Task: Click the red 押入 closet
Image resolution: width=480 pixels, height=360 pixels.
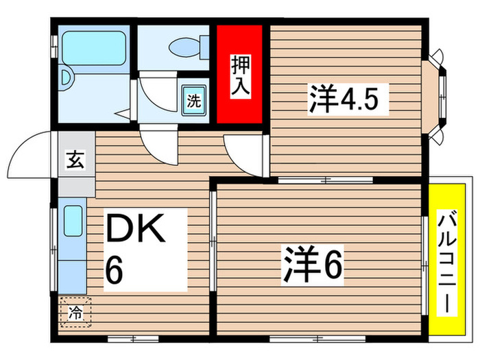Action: tap(239, 74)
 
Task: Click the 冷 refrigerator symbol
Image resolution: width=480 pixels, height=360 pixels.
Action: tap(74, 313)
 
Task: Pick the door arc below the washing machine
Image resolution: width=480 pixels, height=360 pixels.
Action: tap(158, 145)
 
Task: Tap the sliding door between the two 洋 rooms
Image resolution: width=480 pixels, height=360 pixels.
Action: tap(326, 180)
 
